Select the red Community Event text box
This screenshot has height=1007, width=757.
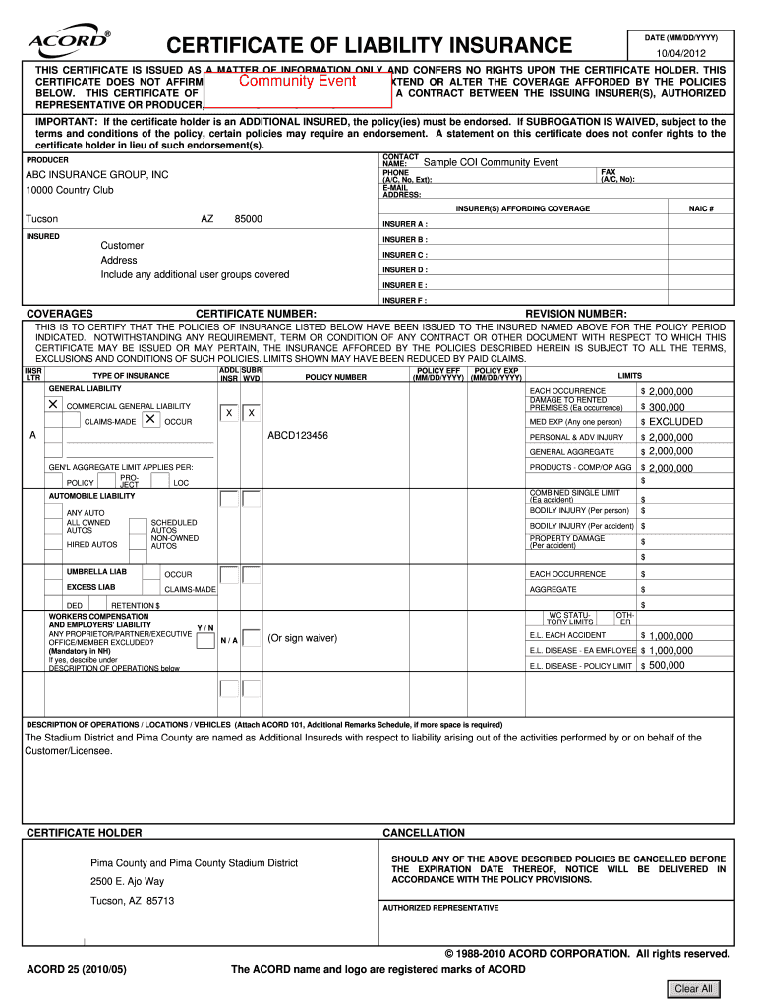tap(297, 82)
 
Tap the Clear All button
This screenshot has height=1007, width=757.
tap(693, 988)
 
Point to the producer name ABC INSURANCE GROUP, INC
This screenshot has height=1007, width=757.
tap(96, 174)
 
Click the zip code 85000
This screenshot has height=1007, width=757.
tap(248, 218)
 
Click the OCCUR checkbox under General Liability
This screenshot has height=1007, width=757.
tap(150, 420)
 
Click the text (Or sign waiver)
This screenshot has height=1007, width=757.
tap(303, 638)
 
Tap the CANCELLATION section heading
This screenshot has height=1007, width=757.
tap(423, 833)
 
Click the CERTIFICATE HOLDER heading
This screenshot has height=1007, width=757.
tap(84, 833)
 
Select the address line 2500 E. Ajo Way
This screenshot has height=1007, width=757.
tap(128, 881)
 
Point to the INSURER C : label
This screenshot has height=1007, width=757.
tap(405, 255)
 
